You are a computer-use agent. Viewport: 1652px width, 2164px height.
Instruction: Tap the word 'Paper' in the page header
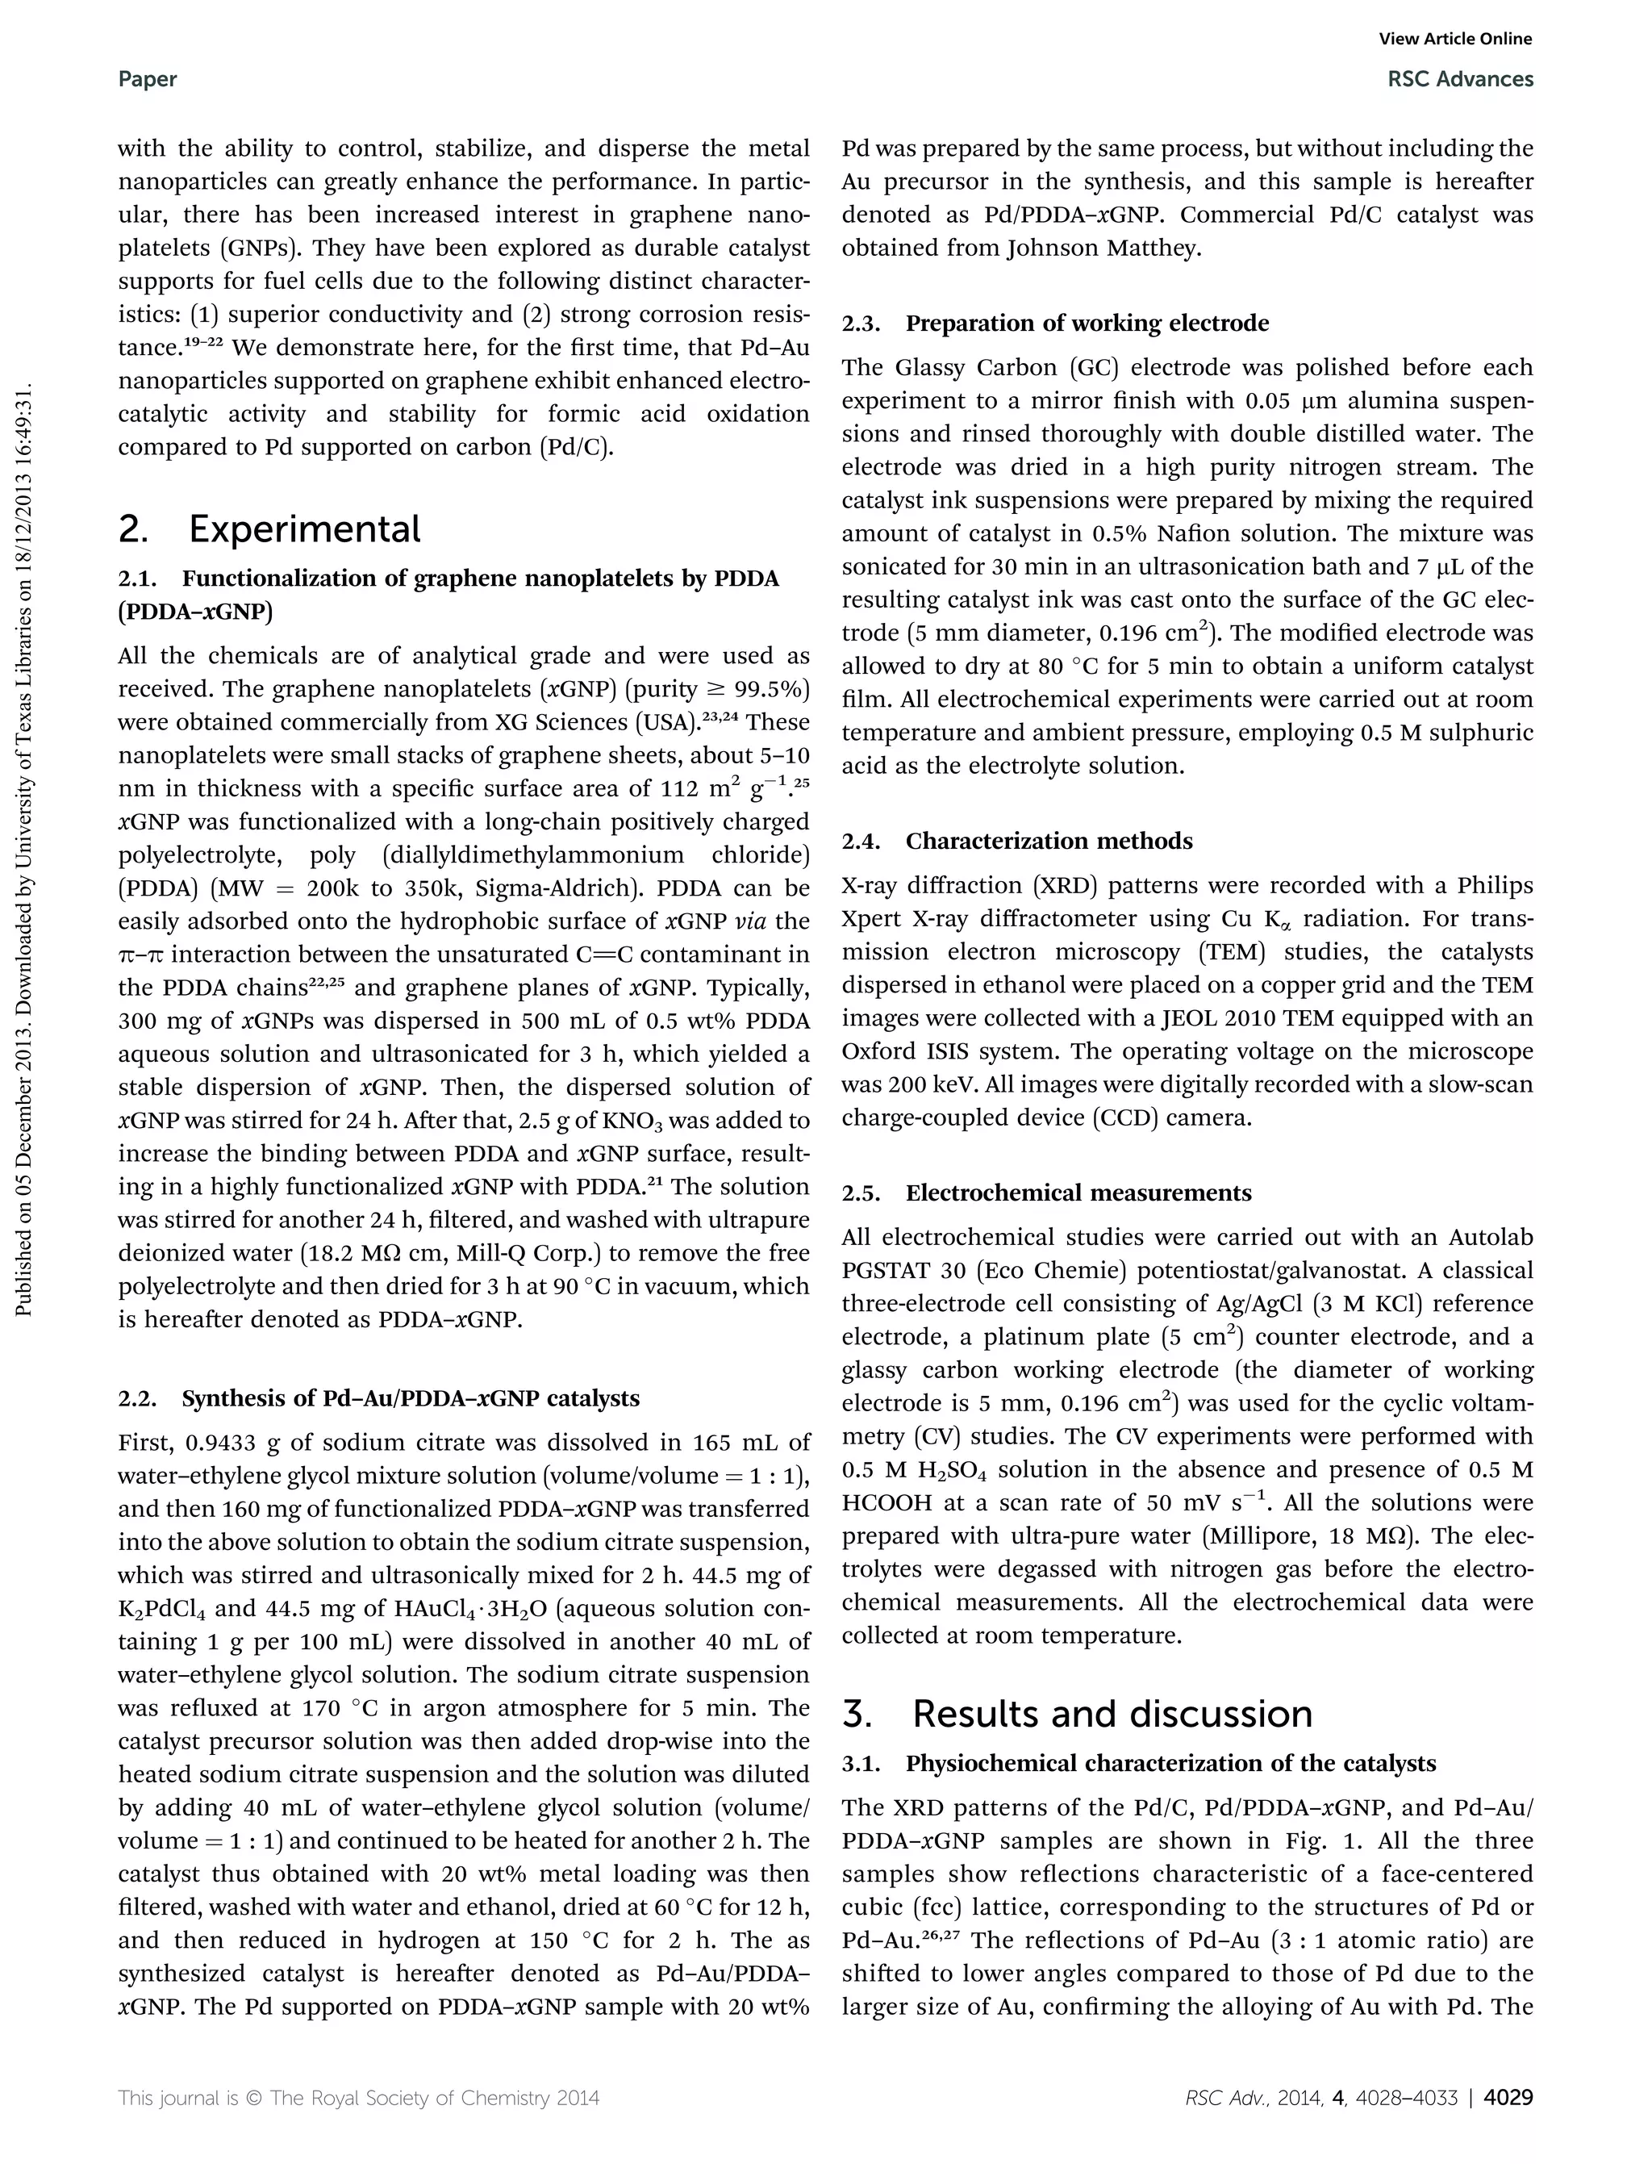pos(148,80)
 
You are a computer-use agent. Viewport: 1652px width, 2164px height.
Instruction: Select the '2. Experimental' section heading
pos(269,530)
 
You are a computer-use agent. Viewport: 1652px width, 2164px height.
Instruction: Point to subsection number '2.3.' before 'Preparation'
pos(862,324)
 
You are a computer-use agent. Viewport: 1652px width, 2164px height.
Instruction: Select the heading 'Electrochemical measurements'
pos(1078,1193)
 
